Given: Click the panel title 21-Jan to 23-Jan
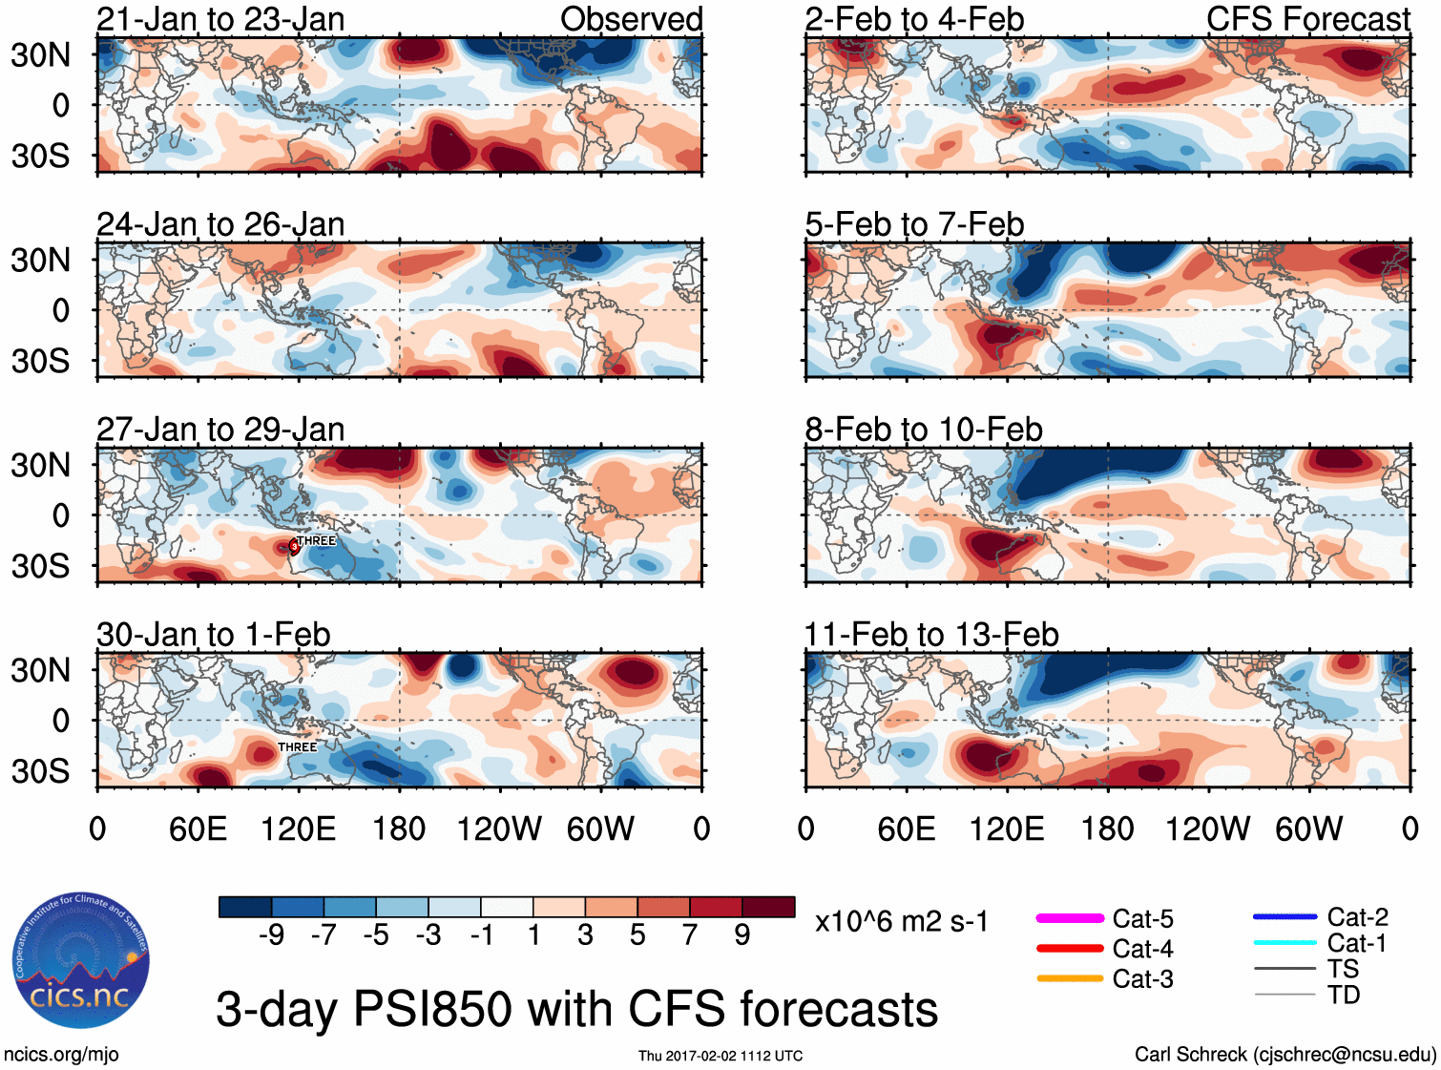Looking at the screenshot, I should point(220,19).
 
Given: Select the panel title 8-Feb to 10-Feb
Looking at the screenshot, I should point(923,430).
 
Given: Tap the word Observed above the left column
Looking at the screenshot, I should point(631,19).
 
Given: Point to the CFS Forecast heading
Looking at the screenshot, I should point(1307,19).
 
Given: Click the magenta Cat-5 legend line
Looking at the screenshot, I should point(1070,918).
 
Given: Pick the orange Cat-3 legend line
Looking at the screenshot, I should point(1070,978).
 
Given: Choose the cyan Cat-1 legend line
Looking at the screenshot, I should point(1284,943).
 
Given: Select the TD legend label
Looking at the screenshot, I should point(1343,996).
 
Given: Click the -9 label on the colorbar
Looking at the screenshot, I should point(271,934).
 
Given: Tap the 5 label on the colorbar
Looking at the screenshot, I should point(637,934).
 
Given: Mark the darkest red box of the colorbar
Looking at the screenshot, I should point(768,907).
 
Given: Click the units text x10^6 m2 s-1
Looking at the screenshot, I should point(901,922).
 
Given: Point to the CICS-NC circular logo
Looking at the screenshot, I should point(81,960).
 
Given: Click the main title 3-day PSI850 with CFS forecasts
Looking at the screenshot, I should point(576,1009).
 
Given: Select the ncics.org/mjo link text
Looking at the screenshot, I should point(61,1055).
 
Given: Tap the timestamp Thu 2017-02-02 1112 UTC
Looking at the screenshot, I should point(720,1056).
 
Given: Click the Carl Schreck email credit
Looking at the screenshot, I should point(1284,1055).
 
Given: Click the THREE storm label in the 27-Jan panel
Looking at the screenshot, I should point(316,540).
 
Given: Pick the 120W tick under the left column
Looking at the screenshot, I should point(498,829).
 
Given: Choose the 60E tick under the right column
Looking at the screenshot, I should point(906,829).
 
